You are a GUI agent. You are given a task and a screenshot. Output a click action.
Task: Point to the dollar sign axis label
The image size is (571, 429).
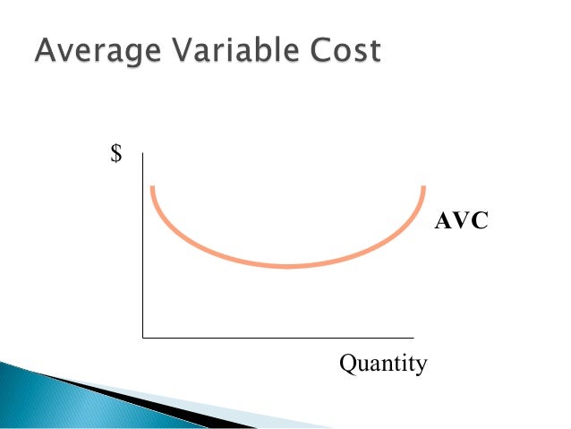(115, 154)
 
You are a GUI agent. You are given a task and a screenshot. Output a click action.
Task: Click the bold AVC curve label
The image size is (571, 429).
(461, 221)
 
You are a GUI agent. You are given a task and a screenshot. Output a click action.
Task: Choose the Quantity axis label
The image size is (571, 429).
(383, 365)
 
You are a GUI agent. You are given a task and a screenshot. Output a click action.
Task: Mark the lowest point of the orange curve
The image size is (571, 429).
(288, 266)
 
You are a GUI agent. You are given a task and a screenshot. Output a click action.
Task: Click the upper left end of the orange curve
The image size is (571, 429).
(153, 187)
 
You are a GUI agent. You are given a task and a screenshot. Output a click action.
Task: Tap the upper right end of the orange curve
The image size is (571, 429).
(423, 186)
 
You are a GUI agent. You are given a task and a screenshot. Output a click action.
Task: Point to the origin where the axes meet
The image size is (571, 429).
(143, 338)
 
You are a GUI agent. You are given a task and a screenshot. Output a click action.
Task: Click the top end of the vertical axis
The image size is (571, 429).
(143, 154)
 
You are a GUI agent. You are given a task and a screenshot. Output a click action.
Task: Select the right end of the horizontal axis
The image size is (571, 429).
(425, 338)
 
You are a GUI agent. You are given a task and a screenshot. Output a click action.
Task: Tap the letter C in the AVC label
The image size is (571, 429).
(479, 221)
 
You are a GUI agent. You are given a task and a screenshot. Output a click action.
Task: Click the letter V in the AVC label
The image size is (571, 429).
(460, 221)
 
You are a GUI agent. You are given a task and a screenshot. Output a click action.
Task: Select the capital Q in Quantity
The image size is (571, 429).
(347, 364)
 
